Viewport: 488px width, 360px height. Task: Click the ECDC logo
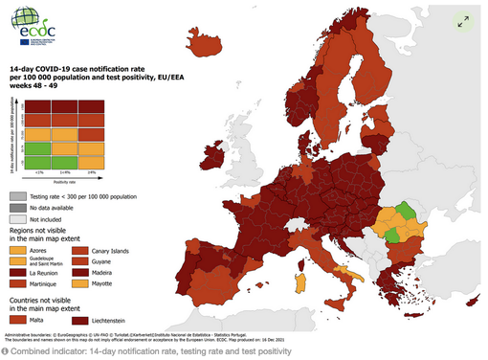pyautogui.click(x=35, y=21)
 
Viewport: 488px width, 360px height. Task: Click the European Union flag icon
pyautogui.click(x=24, y=41)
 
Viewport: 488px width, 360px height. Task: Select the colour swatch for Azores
pyautogui.click(x=19, y=251)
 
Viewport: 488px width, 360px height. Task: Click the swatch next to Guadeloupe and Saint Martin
pyautogui.click(x=19, y=261)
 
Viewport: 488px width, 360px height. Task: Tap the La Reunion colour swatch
pyautogui.click(x=19, y=273)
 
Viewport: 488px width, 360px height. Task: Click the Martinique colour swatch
pyautogui.click(x=19, y=284)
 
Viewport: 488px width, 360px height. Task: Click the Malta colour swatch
pyautogui.click(x=19, y=320)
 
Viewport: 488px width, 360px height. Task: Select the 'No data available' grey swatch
pyautogui.click(x=19, y=206)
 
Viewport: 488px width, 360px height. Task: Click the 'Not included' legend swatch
pyautogui.click(x=19, y=218)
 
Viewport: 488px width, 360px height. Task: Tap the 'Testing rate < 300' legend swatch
pyautogui.click(x=19, y=193)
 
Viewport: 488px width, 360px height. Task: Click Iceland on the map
pyautogui.click(x=206, y=45)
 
